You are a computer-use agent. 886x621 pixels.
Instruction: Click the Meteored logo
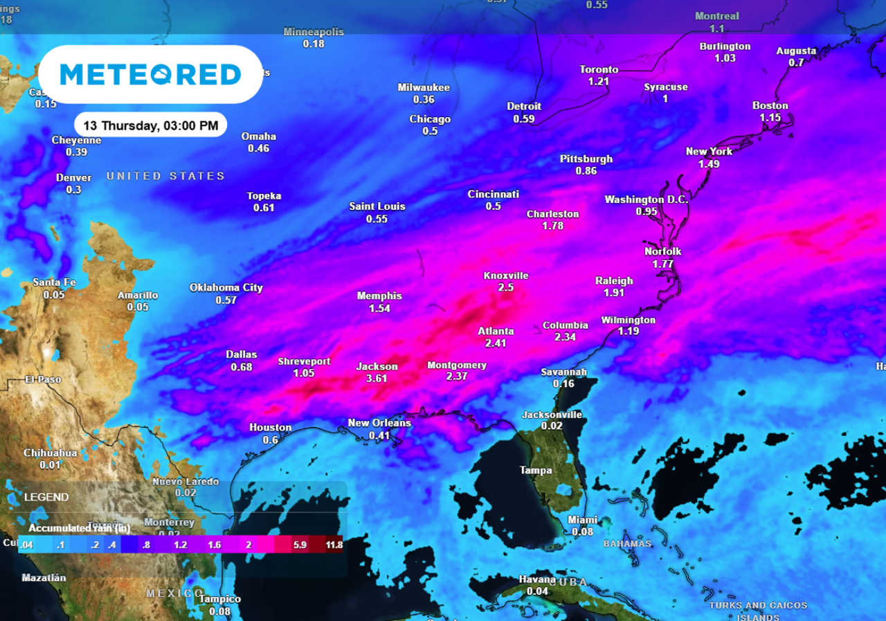[150, 74]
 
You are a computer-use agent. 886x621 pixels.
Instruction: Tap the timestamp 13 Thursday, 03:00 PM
[150, 125]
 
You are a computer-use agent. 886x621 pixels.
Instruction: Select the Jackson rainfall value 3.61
[377, 378]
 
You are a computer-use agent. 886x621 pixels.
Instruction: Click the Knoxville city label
[505, 276]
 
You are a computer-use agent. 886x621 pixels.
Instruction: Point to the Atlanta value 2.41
[496, 343]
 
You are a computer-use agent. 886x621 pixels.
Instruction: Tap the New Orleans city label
[379, 423]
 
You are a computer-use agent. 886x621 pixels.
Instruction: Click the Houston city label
[270, 428]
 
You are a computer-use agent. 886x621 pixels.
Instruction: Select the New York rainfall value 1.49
[709, 164]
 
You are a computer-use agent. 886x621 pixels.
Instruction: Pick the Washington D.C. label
[647, 199]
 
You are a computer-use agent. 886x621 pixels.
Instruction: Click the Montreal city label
[717, 16]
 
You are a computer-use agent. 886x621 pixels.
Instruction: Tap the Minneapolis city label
[314, 32]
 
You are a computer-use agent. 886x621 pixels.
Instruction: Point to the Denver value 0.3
[73, 190]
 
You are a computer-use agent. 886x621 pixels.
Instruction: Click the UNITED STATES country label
[165, 176]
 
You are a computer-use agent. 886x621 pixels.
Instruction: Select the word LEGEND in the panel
[46, 497]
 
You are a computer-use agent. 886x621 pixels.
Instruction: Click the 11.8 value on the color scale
[334, 545]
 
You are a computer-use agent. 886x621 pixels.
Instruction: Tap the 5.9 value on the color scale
[300, 545]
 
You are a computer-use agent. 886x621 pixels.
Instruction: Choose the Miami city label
[582, 520]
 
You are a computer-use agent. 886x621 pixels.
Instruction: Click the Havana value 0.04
[537, 591]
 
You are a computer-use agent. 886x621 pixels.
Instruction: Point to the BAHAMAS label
[627, 543]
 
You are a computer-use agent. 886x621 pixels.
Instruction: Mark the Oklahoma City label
[226, 288]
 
